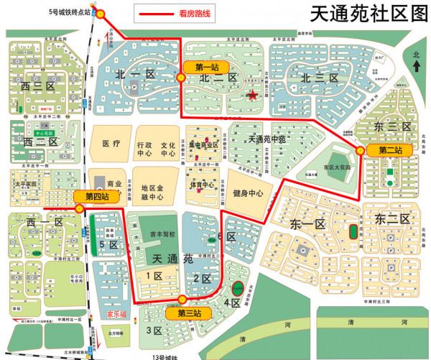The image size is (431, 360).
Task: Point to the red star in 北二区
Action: click(x=252, y=95)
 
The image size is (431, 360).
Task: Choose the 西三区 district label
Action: click(x=38, y=88)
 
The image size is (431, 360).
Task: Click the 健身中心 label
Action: click(x=248, y=193)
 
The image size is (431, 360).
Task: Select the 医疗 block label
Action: click(x=111, y=144)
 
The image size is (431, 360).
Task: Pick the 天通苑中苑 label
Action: click(x=266, y=137)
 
